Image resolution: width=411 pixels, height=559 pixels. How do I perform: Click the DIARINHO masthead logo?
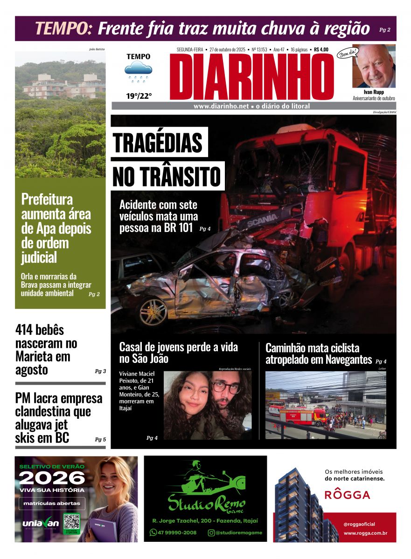coord(251,77)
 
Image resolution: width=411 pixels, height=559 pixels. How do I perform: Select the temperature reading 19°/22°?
coord(139,96)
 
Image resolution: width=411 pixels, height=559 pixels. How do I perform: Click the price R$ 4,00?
coord(321,49)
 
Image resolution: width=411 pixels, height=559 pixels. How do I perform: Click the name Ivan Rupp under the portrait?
coord(374,92)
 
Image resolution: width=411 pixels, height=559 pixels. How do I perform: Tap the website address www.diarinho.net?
coord(221,106)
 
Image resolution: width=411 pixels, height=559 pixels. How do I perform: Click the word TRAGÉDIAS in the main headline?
coord(158,143)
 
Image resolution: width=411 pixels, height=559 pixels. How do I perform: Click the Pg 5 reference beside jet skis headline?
coord(100,439)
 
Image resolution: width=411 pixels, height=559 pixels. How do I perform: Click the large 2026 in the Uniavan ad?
coord(52,477)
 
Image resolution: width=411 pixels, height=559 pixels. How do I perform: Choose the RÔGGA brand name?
coord(347,495)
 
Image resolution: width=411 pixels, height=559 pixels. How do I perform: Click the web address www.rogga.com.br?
coord(365,533)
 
